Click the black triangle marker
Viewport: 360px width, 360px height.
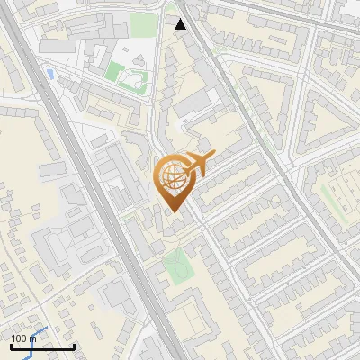pyautogui.click(x=181, y=24)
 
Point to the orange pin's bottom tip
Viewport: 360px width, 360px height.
pyautogui.click(x=173, y=211)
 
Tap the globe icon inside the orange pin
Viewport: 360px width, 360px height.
pyautogui.click(x=172, y=177)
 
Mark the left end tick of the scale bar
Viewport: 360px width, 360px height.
pyautogui.click(x=11, y=346)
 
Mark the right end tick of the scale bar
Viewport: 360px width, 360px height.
pyautogui.click(x=74, y=346)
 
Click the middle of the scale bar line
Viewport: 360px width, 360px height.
pyautogui.click(x=42, y=347)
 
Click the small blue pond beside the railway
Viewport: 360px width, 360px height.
pyautogui.click(x=49, y=73)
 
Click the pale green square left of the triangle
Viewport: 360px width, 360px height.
pyautogui.click(x=142, y=24)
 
